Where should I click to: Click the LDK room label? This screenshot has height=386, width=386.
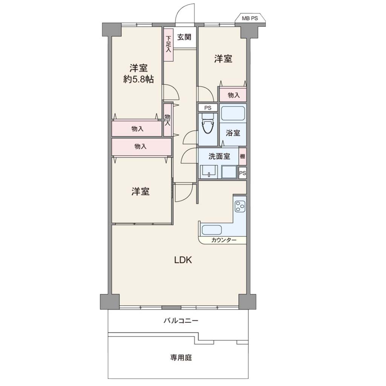183,260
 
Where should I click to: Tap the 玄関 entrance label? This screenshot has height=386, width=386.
184,37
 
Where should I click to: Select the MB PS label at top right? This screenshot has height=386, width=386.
250,18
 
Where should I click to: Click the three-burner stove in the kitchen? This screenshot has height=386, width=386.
240,206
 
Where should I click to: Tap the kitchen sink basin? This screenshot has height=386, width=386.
212,230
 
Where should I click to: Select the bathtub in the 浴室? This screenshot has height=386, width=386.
233,113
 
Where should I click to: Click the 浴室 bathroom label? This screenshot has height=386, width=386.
233,133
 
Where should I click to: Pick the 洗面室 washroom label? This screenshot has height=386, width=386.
219,156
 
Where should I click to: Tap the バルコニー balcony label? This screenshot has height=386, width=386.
181,320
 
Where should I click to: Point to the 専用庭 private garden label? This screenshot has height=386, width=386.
181,357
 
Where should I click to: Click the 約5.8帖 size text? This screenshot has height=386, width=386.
138,79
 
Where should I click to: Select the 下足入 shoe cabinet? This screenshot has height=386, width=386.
168,45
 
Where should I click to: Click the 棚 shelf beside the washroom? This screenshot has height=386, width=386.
242,156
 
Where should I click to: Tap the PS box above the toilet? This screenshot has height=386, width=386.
208,108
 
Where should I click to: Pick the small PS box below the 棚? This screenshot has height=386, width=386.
242,173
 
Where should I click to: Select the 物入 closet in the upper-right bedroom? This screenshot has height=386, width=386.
233,95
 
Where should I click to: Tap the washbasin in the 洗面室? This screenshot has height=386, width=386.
209,172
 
